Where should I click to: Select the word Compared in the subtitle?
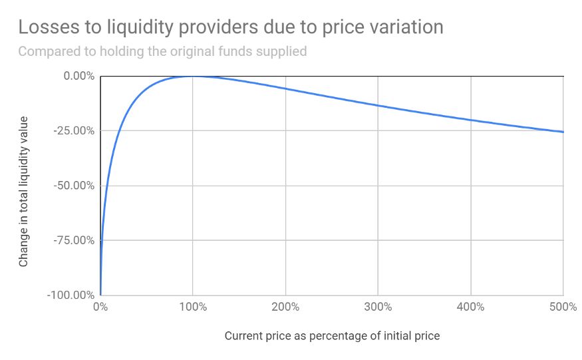(47, 51)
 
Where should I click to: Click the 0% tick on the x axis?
(100, 307)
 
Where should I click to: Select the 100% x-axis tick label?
(193, 307)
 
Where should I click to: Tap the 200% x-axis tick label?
(285, 307)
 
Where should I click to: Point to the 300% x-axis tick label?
(378, 307)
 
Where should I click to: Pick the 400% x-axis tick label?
(471, 307)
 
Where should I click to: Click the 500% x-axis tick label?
(563, 307)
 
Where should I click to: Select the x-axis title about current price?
(332, 335)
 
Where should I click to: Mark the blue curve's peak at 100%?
(193, 76)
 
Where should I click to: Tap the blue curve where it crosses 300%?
(378, 105)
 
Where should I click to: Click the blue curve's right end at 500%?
(563, 132)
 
